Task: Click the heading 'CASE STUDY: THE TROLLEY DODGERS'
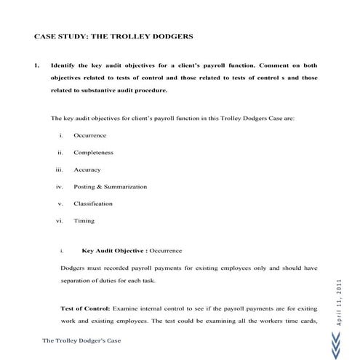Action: pos(114,36)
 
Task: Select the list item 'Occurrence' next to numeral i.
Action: pos(90,136)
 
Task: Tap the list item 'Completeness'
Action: pos(94,153)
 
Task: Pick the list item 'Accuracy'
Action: pos(87,169)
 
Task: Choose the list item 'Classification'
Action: pos(93,204)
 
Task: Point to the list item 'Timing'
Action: pos(84,220)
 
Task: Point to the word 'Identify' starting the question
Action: pos(63,65)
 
